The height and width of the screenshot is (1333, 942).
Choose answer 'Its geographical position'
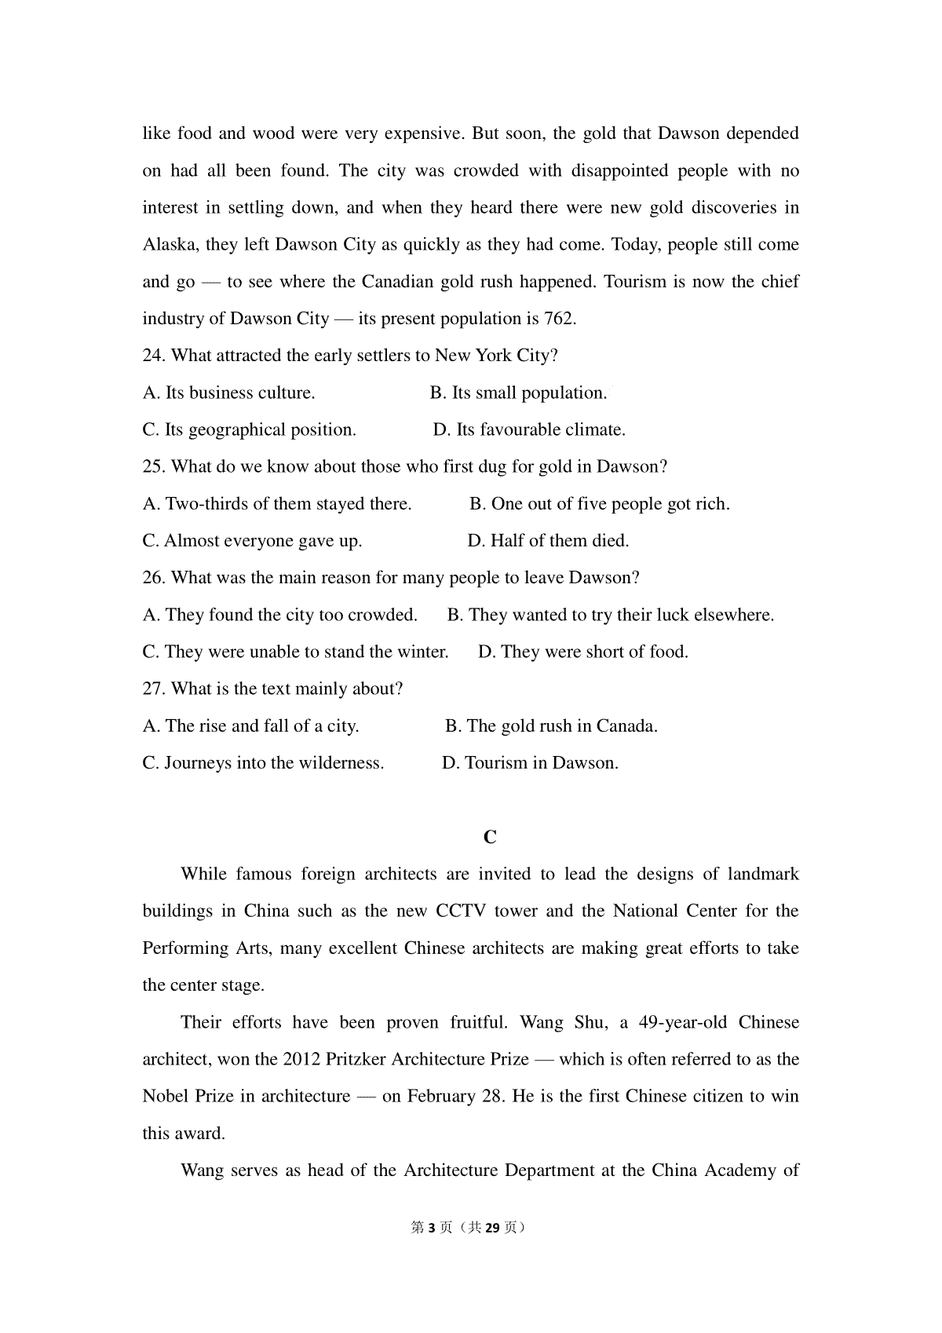260,430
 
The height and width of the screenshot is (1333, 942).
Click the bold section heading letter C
490,838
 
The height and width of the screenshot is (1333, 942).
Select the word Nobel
166,1097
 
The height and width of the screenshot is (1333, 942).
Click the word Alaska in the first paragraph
168,245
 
